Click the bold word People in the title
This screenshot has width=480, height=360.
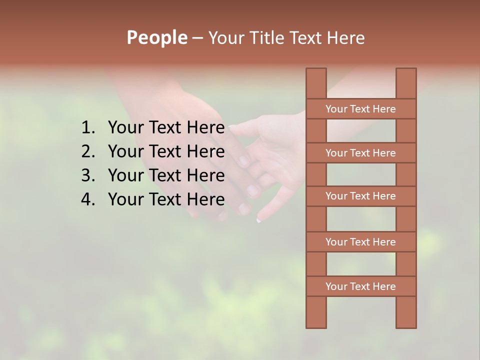pyautogui.click(x=156, y=37)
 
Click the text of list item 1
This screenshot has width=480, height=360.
pyautogui.click(x=166, y=128)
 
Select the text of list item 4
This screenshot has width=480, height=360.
pyautogui.click(x=166, y=199)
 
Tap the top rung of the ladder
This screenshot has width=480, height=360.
pyautogui.click(x=361, y=109)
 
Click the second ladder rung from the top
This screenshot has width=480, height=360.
pyautogui.click(x=361, y=153)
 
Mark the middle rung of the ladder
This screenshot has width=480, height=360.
pyautogui.click(x=361, y=196)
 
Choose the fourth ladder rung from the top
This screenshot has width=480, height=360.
pyautogui.click(x=361, y=242)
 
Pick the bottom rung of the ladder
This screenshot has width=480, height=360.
pyautogui.click(x=361, y=286)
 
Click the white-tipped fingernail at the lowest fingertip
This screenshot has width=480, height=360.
pyautogui.click(x=259, y=219)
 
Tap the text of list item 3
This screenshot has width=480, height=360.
pyautogui.click(x=166, y=175)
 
